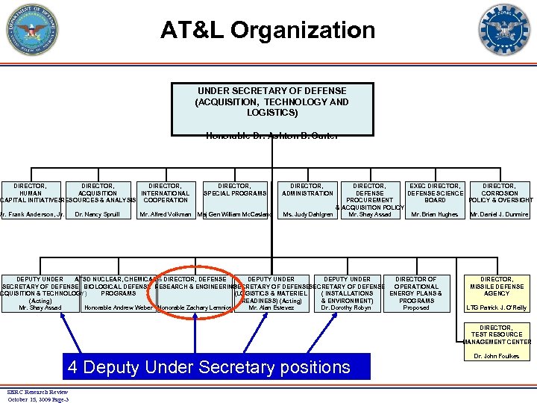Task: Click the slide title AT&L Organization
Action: [268, 31]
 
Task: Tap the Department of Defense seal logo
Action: [31, 30]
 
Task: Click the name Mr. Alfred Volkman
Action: [166, 215]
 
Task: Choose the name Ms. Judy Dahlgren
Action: [307, 215]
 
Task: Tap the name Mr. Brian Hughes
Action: [435, 215]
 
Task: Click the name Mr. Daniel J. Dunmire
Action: [499, 215]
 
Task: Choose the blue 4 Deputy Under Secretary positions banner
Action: [208, 366]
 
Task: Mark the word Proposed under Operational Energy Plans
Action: [416, 308]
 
